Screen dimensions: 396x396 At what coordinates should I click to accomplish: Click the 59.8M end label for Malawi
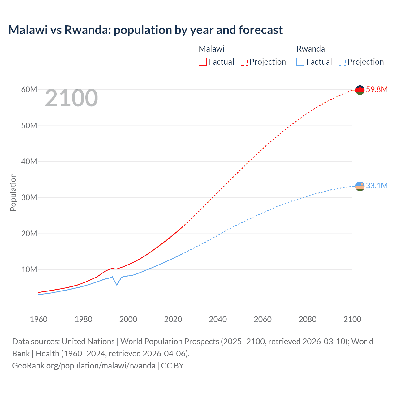point(377,89)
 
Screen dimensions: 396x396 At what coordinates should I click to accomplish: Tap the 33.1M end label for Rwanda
point(377,186)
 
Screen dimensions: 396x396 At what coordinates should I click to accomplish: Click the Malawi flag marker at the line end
point(360,90)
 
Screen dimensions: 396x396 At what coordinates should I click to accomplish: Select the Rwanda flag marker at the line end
point(360,186)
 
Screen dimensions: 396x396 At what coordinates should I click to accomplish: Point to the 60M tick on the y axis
point(29,89)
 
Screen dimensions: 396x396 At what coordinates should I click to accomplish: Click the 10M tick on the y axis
point(29,269)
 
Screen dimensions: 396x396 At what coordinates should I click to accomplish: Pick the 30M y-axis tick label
point(29,197)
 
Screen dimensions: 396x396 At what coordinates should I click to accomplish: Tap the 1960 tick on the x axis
point(39,319)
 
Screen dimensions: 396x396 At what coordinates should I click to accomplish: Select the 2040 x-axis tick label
point(218,319)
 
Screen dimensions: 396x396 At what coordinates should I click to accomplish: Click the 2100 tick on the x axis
point(352,319)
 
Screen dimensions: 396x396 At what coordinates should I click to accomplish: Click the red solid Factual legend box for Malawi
point(203,62)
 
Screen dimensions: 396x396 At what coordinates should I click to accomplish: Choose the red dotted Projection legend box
point(244,62)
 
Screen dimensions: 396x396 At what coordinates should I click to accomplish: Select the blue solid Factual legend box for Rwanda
point(300,62)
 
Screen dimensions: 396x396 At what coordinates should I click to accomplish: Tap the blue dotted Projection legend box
point(342,62)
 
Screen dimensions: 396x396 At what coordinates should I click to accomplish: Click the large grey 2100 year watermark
point(71,98)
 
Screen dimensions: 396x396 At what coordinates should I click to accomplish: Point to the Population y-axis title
point(13,192)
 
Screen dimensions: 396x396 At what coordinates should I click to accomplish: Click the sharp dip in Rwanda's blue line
point(117,285)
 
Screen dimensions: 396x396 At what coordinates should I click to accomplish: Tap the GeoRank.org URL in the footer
point(84,365)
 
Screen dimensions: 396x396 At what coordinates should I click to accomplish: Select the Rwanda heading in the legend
point(311,49)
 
